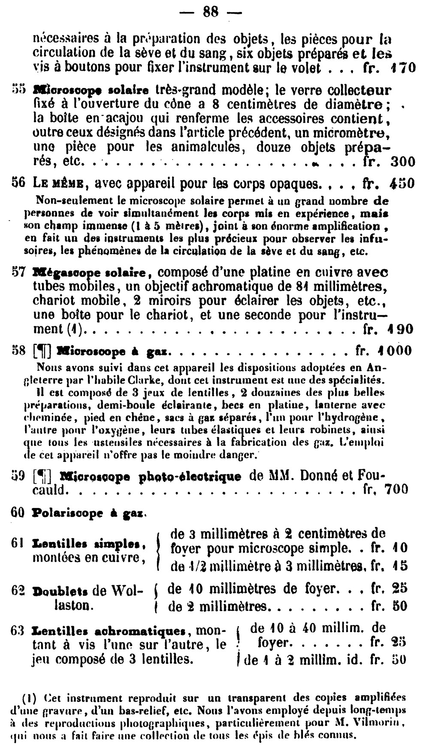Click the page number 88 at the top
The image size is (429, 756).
(x=210, y=12)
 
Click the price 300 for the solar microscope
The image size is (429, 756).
(x=403, y=162)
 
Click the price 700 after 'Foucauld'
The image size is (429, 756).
(x=396, y=489)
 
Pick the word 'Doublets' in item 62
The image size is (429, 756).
(x=60, y=591)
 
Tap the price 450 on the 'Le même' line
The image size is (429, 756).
(x=402, y=183)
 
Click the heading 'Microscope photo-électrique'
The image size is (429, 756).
(x=151, y=476)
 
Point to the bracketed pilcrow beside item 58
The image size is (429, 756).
(x=42, y=351)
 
